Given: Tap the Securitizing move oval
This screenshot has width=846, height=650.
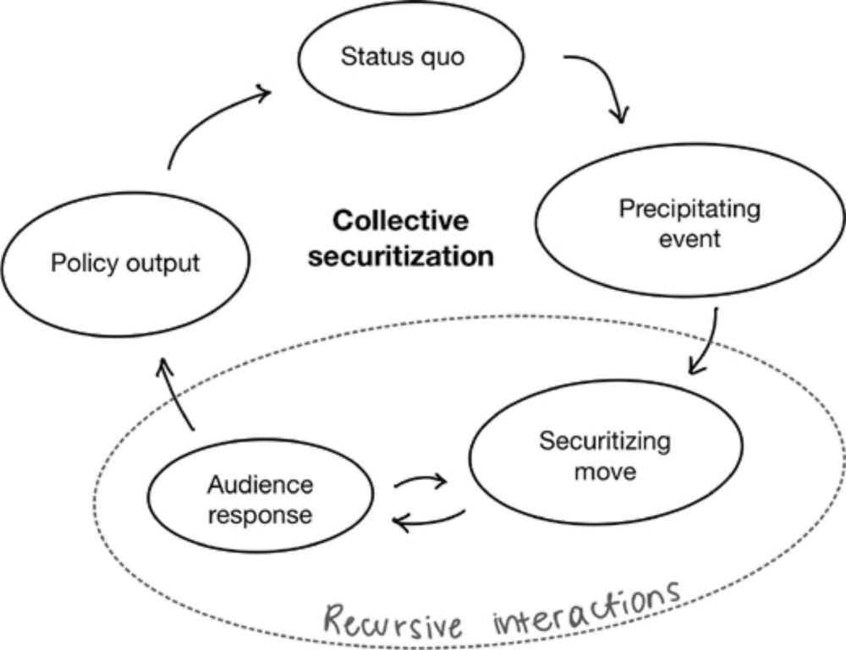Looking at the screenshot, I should coord(605,456).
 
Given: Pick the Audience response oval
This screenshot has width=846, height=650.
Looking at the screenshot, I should coord(261,500).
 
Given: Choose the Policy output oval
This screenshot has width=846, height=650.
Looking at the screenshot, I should coord(125,263).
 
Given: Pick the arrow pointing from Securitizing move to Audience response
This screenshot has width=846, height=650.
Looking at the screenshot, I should coord(429,521).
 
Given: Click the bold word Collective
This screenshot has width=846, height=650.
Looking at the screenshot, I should coord(400,221).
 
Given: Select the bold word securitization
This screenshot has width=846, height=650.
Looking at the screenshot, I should coord(400,256).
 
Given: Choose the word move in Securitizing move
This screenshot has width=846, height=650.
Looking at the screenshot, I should coord(605,471).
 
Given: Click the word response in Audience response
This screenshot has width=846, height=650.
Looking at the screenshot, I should coord(260,514).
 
